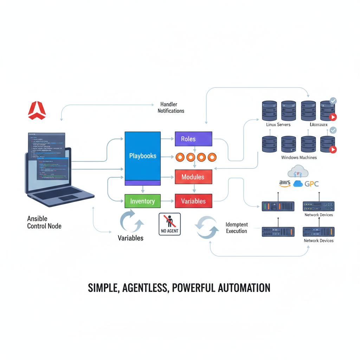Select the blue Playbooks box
click(x=143, y=156)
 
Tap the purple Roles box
click(x=193, y=139)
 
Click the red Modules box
click(x=193, y=177)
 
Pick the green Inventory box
click(x=142, y=201)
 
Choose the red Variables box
click(x=193, y=201)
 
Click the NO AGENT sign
click(x=170, y=224)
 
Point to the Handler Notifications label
click(x=171, y=108)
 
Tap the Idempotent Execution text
click(x=237, y=228)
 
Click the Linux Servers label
click(x=278, y=125)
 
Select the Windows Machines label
click(x=299, y=157)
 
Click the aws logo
click(x=284, y=184)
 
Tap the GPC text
click(x=311, y=184)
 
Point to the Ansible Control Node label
click(x=44, y=222)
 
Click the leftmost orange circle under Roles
click(x=180, y=157)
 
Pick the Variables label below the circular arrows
click(x=130, y=238)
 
